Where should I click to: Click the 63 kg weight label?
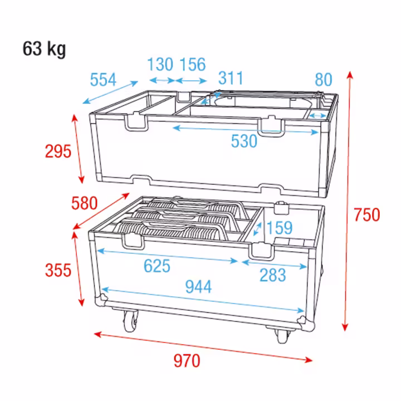click(44, 49)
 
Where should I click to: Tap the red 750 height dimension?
click(366, 215)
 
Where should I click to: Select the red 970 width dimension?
click(187, 361)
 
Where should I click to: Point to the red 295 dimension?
click(58, 151)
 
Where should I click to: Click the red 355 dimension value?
click(58, 270)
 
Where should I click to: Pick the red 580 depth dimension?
click(85, 203)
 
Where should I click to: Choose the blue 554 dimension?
click(103, 80)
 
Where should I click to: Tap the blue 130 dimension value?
click(160, 64)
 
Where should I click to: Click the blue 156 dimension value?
click(193, 64)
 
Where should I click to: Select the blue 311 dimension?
click(231, 78)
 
